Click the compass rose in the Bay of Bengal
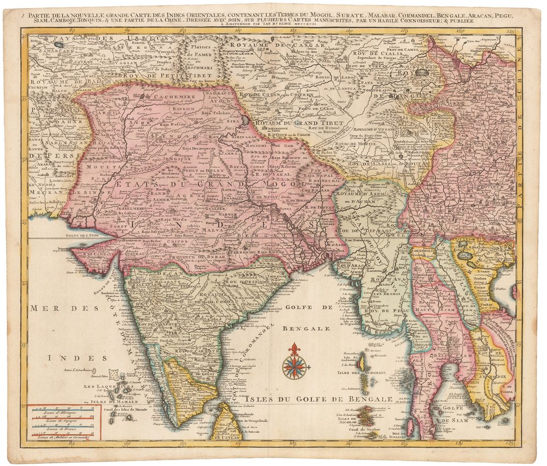click(295, 366)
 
